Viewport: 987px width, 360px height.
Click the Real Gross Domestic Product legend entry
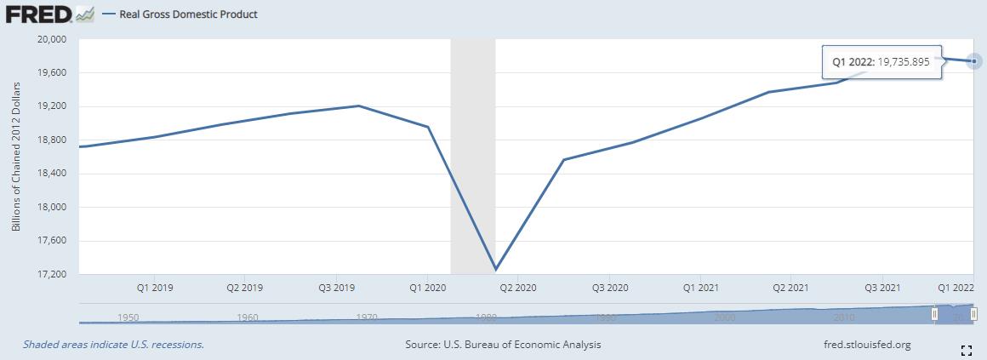188,14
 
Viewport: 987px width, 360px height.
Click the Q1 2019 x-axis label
155,288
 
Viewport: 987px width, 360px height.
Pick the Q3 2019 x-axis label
335,288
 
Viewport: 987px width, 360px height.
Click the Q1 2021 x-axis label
701,288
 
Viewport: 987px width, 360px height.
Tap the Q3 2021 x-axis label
882,288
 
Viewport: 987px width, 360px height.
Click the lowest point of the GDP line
495,270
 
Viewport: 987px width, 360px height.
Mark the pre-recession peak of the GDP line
359,106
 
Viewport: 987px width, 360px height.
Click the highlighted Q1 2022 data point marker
974,61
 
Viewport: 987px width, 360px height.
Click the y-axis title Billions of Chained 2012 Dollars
16,157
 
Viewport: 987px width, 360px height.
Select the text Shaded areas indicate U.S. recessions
113,345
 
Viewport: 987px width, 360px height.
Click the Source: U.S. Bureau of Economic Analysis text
504,345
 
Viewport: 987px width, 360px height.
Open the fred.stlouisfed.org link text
863,345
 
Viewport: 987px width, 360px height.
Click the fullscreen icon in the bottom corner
966,350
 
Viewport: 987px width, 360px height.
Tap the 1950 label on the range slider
128,317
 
